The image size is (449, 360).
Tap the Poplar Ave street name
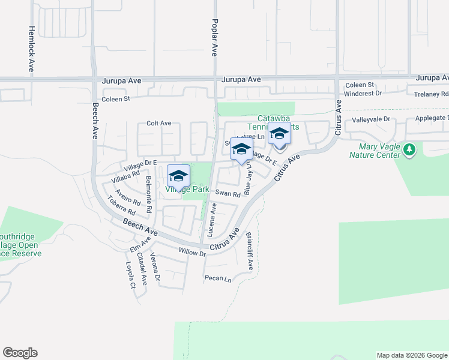(x=214, y=37)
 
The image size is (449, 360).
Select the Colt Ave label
(x=159, y=124)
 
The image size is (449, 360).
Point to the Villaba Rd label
(x=125, y=175)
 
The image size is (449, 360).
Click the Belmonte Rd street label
(x=148, y=193)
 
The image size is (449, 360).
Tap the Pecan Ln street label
(x=217, y=278)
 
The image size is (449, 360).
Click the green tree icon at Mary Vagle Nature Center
(x=410, y=149)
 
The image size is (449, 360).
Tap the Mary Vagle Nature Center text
(x=375, y=151)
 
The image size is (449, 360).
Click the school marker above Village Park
(x=178, y=175)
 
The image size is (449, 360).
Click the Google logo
(x=20, y=353)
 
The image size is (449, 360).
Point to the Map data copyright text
(x=412, y=355)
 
